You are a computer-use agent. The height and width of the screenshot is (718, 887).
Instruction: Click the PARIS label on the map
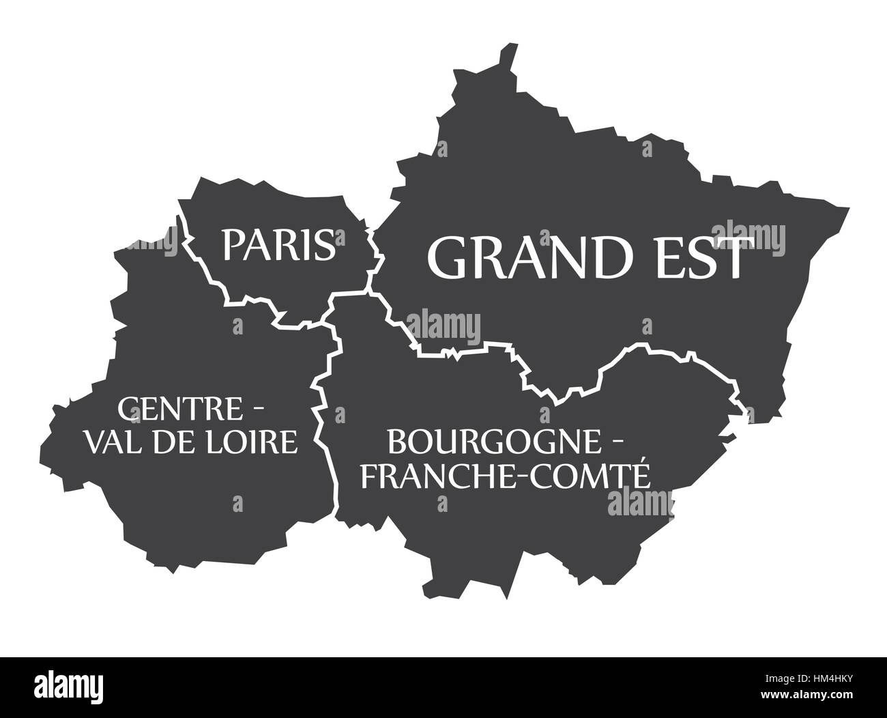pyautogui.click(x=278, y=244)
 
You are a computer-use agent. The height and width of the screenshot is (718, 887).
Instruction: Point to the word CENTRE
pyautogui.click(x=181, y=410)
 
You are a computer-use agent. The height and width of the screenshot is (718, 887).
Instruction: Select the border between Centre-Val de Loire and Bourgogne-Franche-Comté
pyautogui.click(x=321, y=410)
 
